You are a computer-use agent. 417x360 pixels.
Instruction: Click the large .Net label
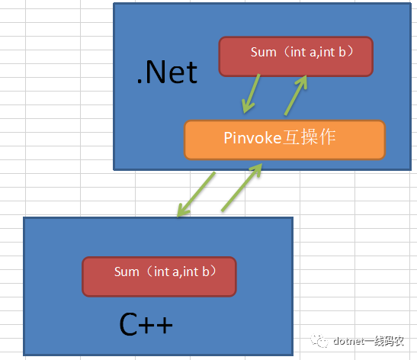[x=167, y=72]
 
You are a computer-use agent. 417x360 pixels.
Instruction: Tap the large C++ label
[x=146, y=324]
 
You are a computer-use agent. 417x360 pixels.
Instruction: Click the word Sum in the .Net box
[x=264, y=52]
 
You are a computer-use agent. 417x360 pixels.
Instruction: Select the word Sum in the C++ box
[x=127, y=272]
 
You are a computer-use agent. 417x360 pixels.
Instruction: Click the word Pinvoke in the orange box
[x=252, y=138]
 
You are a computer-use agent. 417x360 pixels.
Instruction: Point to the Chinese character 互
[x=290, y=137]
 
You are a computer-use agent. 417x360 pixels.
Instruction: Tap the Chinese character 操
[x=309, y=137]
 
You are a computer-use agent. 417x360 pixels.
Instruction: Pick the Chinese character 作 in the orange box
[x=327, y=137]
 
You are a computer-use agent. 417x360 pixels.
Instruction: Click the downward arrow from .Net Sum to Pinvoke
[x=251, y=94]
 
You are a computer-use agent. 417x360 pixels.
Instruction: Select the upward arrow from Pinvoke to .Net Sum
[x=296, y=95]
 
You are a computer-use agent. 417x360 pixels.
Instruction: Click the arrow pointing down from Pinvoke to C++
[x=196, y=194]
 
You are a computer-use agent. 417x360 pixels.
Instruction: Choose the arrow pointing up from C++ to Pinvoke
[x=242, y=188]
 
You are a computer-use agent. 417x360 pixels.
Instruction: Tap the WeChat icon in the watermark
[x=319, y=341]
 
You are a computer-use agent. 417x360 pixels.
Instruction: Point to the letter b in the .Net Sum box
[x=342, y=52]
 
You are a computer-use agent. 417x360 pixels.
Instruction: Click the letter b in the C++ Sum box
[x=206, y=272]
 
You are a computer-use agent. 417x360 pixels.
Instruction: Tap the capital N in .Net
[x=155, y=72]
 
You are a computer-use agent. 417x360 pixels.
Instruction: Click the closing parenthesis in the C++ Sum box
[x=213, y=272]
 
